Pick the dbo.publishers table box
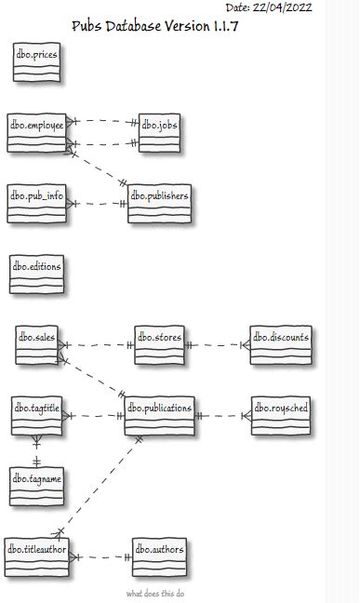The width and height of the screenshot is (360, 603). click(159, 203)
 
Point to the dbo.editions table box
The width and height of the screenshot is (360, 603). click(36, 274)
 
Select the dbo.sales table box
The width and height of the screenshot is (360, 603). click(36, 344)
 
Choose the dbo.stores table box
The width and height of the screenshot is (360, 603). click(159, 344)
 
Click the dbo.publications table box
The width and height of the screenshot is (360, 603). click(159, 415)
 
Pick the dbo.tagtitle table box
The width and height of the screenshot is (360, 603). click(36, 415)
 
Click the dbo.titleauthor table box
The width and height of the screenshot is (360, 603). click(36, 556)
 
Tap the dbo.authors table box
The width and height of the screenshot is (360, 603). click(159, 556)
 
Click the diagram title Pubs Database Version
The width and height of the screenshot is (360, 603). click(155, 26)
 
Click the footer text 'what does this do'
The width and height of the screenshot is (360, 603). click(155, 594)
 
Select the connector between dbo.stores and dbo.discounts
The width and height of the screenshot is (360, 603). click(218, 345)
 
